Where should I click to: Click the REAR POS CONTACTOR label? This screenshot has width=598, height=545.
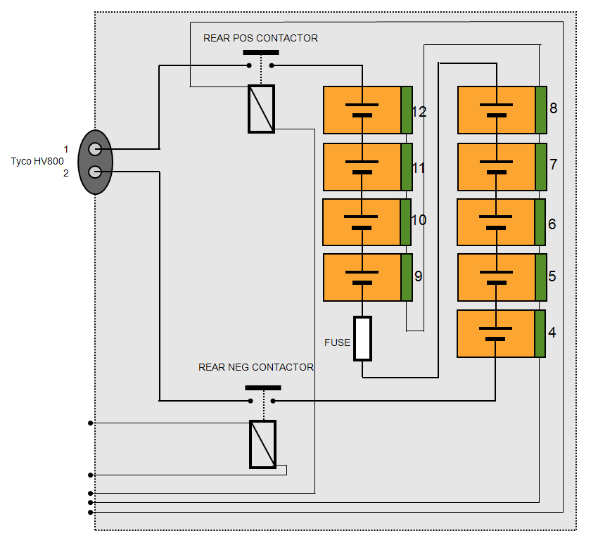coord(260,38)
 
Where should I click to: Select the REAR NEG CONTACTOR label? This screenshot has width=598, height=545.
coord(256,367)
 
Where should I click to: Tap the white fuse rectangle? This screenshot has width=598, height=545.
coord(362,338)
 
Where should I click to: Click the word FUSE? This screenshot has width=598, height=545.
coord(337,343)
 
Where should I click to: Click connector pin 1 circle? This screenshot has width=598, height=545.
coord(95,149)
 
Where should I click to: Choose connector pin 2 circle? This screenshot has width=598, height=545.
coord(95,172)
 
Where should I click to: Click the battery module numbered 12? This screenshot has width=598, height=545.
coord(362,110)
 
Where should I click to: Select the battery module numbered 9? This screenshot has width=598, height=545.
coord(362,277)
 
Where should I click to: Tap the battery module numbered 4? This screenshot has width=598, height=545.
coord(496,333)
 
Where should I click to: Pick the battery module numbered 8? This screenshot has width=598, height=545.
coord(497,110)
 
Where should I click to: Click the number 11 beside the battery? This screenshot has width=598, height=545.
coord(419,168)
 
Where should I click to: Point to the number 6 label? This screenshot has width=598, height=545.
coord(552,224)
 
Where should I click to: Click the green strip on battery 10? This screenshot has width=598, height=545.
coord(405,222)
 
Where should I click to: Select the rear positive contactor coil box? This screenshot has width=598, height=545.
coord(261,109)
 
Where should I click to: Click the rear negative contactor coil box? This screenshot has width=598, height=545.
coord(262,444)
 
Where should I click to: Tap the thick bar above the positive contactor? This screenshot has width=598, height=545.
coord(260,52)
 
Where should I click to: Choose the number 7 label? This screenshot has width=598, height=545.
coord(554,165)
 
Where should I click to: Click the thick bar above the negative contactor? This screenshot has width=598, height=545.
coord(262,387)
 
